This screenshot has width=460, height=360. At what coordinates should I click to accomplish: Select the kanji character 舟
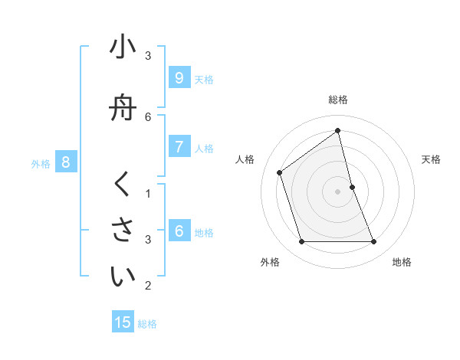click(123, 108)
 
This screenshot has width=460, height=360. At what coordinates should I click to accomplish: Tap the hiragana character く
click(123, 185)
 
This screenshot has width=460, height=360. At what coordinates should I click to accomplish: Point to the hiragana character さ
click(123, 231)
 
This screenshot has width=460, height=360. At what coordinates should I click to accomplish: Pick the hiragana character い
click(123, 277)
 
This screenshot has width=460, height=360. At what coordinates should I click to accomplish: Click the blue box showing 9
click(179, 78)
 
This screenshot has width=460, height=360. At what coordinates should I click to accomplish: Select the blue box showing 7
click(179, 147)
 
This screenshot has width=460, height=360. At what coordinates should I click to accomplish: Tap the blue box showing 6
click(179, 231)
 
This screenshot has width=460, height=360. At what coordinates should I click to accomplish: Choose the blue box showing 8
click(66, 162)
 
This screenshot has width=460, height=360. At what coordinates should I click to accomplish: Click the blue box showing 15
click(123, 322)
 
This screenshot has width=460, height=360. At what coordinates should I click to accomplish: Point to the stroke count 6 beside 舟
click(148, 116)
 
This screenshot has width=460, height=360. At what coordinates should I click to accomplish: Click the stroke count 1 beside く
click(148, 193)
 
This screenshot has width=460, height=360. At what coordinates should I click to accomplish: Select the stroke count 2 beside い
click(148, 285)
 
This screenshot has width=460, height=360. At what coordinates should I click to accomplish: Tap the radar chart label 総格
click(337, 100)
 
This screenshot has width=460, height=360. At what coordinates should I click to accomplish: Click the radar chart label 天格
click(432, 159)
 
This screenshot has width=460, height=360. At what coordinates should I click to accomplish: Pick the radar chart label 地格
click(402, 262)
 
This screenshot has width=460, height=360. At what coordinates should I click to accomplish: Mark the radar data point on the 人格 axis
click(279, 172)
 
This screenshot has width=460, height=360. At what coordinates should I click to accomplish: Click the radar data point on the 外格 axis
click(301, 242)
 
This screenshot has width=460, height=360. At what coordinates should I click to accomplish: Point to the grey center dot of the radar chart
click(337, 191)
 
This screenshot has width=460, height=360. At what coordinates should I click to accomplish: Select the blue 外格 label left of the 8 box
click(41, 163)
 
